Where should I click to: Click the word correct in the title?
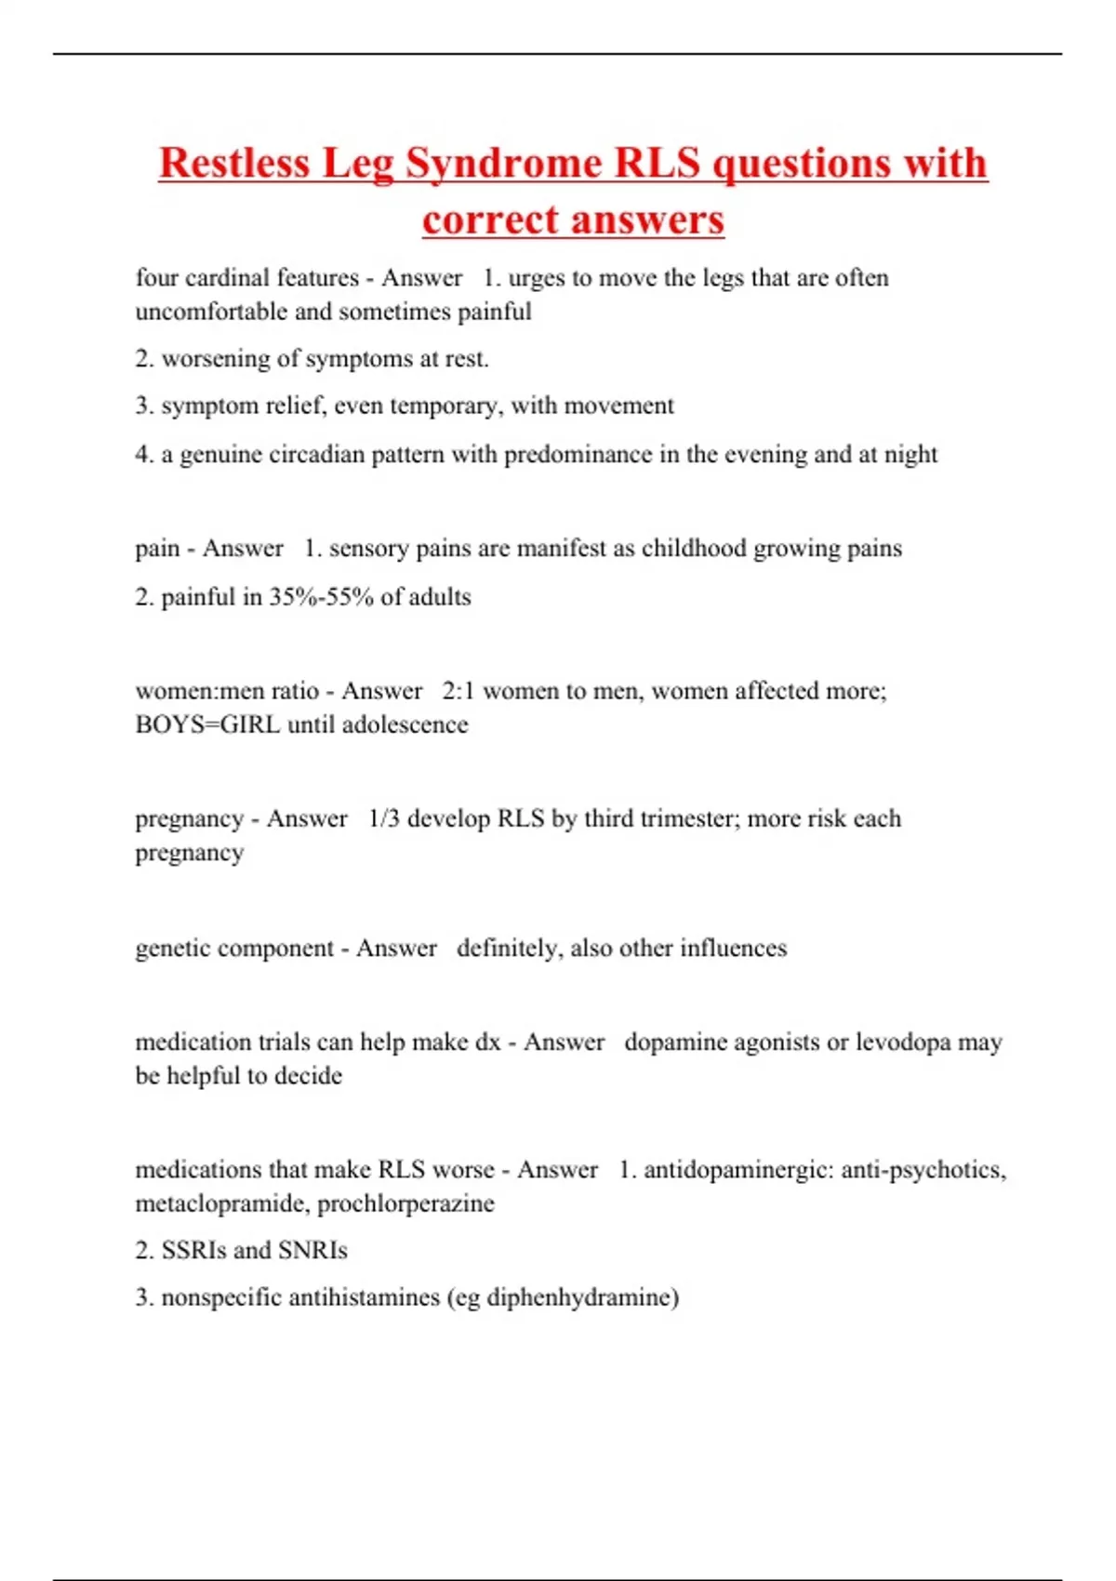pyautogui.click(x=489, y=220)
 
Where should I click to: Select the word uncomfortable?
pyautogui.click(x=211, y=312)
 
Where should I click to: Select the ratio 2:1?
pyautogui.click(x=458, y=691)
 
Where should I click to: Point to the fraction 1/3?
pyautogui.click(x=384, y=819)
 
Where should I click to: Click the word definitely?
pyautogui.click(x=510, y=949)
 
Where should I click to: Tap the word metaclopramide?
pyautogui.click(x=222, y=1204)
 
